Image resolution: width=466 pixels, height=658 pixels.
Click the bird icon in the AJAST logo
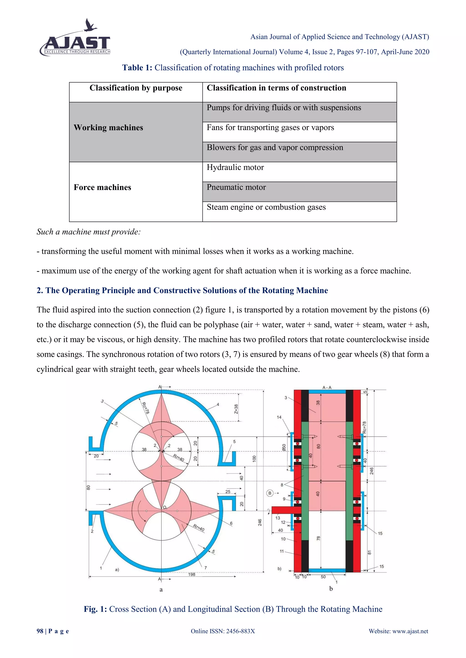pyautogui.click(x=90, y=25)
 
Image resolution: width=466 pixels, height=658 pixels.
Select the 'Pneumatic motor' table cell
pyautogui.click(x=236, y=187)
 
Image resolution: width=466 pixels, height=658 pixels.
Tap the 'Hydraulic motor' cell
pyautogui.click(x=235, y=167)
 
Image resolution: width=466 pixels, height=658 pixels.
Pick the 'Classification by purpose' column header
pyautogui.click(x=136, y=88)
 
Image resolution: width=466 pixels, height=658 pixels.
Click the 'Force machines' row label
pyautogui.click(x=102, y=187)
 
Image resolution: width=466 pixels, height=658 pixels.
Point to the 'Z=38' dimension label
pyautogui.click(x=236, y=409)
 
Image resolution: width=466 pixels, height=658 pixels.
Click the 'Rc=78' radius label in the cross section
pyautogui.click(x=145, y=408)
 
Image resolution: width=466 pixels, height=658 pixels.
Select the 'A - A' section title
pyautogui.click(x=327, y=387)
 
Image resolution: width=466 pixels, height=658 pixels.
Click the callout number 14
pyautogui.click(x=279, y=417)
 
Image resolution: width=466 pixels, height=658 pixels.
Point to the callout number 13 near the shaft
pyautogui.click(x=277, y=518)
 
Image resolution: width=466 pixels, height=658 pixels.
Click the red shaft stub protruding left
pyautogui.click(x=283, y=510)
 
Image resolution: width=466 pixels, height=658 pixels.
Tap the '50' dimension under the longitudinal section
pyautogui.click(x=323, y=577)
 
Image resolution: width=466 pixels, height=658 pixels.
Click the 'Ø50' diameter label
pyautogui.click(x=284, y=448)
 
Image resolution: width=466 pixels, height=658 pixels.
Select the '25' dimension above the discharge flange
pyautogui.click(x=228, y=491)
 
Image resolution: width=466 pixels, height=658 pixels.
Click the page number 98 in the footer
pyautogui.click(x=40, y=631)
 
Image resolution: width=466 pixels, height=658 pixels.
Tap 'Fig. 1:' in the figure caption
pyautogui.click(x=95, y=609)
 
